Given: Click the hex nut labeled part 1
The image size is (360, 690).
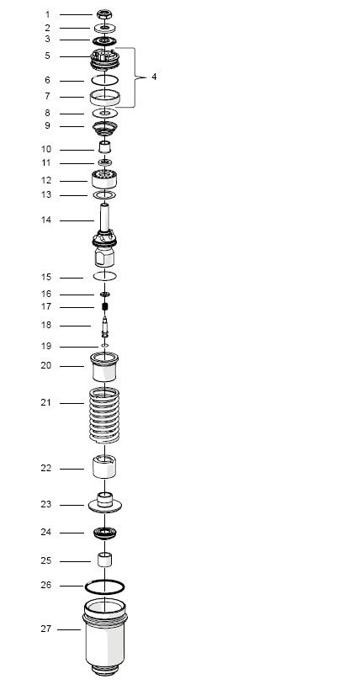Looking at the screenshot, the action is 104,14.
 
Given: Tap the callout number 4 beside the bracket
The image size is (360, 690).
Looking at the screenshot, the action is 154,77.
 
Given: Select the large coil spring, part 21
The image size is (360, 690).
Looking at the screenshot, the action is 104,415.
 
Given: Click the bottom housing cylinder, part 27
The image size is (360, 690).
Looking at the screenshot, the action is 105,637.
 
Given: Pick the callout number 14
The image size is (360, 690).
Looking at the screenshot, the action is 46,220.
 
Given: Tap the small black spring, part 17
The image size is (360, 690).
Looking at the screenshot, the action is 105,307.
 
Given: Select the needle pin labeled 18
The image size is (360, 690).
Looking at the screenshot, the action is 105,326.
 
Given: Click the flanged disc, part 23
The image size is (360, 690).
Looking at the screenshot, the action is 105,503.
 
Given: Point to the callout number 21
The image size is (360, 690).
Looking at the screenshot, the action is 46,403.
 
